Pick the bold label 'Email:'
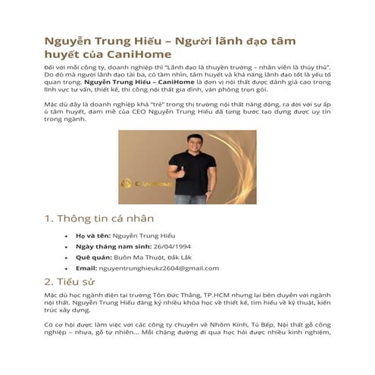point(87,267)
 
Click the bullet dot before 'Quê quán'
point(68,257)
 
